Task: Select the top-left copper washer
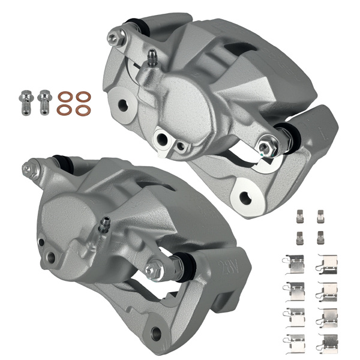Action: [64, 96]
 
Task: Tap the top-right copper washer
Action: [84, 96]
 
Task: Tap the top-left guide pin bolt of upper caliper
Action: [113, 38]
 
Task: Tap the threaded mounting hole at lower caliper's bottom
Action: [158, 331]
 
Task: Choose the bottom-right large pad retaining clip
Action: [328, 342]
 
